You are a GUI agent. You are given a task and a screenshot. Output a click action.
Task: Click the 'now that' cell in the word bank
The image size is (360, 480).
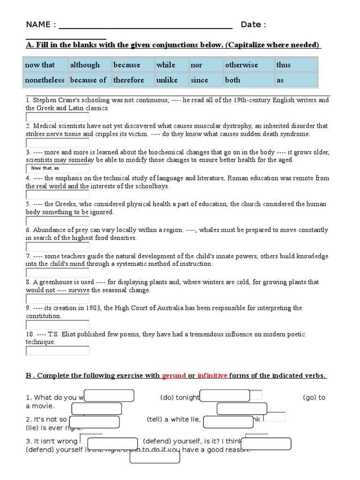tap(45, 65)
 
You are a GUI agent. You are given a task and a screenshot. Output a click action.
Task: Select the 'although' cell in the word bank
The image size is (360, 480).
tap(90, 65)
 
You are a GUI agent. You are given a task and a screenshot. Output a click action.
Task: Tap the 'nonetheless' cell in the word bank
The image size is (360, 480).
tap(45, 80)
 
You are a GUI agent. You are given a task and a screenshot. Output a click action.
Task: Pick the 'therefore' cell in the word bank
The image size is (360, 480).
tap(133, 80)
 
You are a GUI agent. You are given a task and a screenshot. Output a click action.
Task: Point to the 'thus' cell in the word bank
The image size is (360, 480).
tap(296, 65)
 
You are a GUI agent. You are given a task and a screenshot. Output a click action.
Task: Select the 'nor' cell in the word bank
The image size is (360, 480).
tap(205, 65)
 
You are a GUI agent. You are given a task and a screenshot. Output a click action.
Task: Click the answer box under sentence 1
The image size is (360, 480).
tap(57, 116)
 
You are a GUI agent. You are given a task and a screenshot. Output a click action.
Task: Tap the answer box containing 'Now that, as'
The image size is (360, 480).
tap(57, 168)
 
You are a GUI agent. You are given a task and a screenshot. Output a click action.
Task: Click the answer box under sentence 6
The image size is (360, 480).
tap(57, 247)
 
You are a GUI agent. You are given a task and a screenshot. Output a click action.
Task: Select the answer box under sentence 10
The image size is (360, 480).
tap(57, 351)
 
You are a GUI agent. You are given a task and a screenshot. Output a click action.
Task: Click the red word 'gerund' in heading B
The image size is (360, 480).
tap(173, 376)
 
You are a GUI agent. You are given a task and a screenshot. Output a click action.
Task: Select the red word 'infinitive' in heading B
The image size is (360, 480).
tap(212, 376)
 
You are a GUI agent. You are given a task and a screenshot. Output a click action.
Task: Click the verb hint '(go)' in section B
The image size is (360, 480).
tap(310, 397)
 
